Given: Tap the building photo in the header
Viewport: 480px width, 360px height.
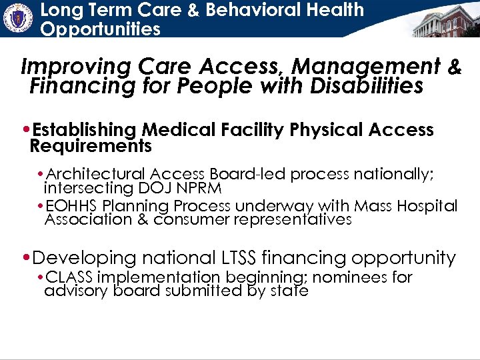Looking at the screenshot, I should pyautogui.click(x=445, y=21).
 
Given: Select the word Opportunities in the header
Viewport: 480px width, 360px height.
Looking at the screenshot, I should pyautogui.click(x=100, y=29).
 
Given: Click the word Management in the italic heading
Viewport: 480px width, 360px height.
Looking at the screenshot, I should pyautogui.click(x=366, y=67).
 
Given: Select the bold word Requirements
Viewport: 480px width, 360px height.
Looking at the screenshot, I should pyautogui.click(x=91, y=145).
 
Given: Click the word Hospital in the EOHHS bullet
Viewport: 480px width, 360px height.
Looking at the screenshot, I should pyautogui.click(x=430, y=207).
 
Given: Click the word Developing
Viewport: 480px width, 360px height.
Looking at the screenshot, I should pyautogui.click(x=83, y=257).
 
